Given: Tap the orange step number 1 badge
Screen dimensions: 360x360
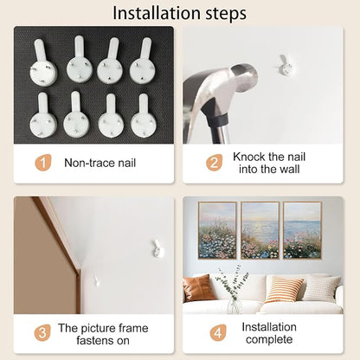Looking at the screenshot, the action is [x=43, y=163].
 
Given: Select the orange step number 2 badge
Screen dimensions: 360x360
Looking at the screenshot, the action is [x=214, y=163].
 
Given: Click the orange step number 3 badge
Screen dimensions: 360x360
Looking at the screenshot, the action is [x=42, y=332].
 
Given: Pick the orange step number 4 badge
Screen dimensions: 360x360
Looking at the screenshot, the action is [x=218, y=332].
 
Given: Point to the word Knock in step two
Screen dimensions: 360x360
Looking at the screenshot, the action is [x=249, y=157].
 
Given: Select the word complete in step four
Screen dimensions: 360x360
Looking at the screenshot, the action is [x=269, y=339].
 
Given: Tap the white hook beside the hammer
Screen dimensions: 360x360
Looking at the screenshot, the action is [x=285, y=66].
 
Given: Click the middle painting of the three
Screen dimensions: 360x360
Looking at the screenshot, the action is [x=260, y=230].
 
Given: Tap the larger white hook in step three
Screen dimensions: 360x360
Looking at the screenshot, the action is [x=157, y=248].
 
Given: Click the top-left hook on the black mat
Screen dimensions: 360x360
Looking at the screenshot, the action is [x=42, y=62].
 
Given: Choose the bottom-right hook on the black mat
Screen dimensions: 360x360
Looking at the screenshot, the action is [x=144, y=116].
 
